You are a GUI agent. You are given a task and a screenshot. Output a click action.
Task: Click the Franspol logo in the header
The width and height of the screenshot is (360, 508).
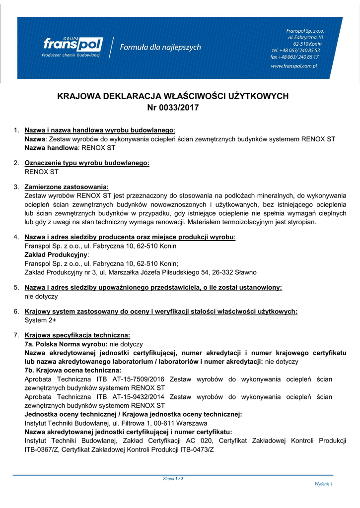tap(72, 47)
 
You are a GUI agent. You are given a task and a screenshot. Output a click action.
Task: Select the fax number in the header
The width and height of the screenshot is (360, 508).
tap(295, 57)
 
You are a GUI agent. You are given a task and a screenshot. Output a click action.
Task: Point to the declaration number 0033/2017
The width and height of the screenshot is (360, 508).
tap(179, 107)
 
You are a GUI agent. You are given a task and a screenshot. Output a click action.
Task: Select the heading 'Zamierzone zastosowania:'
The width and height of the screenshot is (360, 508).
tap(67, 187)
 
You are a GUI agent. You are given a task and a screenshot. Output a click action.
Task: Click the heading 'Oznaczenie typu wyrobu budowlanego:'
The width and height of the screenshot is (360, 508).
tap(87, 163)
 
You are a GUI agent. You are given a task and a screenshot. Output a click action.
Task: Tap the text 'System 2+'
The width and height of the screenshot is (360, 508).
tap(40, 320)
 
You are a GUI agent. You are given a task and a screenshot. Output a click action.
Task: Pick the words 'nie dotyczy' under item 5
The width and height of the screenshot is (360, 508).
tap(41, 296)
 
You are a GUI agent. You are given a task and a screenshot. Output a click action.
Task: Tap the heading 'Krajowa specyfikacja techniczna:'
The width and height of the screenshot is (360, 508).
tap(77, 335)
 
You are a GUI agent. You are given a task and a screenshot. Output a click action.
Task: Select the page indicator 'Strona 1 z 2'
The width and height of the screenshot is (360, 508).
tap(173, 479)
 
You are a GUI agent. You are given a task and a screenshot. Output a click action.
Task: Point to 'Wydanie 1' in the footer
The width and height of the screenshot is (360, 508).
tap(323, 484)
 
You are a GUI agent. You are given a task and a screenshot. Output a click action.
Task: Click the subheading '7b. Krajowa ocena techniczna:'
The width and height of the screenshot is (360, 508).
tap(72, 371)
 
